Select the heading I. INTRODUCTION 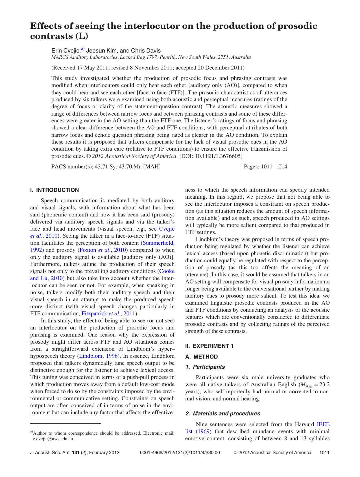[54, 190]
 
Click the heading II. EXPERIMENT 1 [209, 346]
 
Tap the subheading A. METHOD [201, 357]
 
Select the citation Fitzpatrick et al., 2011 [108, 314]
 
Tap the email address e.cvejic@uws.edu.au [53, 439]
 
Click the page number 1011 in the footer [324, 453]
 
